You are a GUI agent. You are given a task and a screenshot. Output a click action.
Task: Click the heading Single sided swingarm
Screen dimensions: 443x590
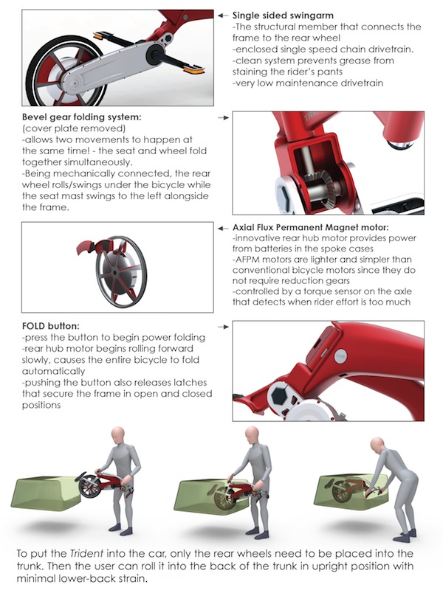coord(283,15)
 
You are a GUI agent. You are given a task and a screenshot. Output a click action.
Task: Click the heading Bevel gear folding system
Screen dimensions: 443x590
coord(82,117)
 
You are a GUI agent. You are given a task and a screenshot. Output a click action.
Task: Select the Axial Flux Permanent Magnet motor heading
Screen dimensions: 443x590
coord(310,227)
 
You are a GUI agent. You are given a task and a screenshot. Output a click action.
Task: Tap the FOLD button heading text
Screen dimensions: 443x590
coord(50,326)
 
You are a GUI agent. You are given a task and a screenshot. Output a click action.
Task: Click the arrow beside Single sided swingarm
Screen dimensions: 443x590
coord(223,15)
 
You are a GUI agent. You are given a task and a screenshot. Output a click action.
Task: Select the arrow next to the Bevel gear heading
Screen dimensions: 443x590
coord(224,118)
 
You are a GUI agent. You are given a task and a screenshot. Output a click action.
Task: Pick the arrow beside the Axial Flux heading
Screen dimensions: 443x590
coord(223,228)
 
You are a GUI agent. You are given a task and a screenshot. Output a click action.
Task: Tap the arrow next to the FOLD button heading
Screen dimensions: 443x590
coord(224,327)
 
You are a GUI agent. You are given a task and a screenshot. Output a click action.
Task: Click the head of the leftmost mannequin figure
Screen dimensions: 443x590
coord(118,434)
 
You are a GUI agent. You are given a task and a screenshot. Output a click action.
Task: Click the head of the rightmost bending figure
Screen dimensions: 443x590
coord(377,445)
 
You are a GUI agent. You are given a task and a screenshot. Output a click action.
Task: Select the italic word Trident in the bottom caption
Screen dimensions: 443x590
coord(86,554)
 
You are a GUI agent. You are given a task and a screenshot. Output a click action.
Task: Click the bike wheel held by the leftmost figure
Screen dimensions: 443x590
coord(89,486)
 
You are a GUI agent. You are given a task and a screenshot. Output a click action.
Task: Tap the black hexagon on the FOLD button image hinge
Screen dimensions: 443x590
coord(281,395)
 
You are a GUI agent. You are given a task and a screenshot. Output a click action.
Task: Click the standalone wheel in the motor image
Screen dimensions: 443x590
coord(121,271)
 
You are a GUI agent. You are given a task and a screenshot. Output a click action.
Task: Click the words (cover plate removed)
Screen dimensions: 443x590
coord(73,128)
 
